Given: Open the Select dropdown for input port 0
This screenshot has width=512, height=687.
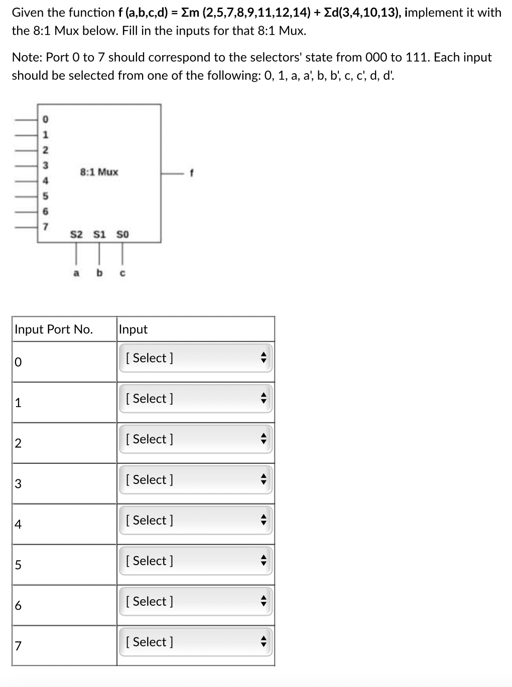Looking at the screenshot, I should click(x=196, y=358).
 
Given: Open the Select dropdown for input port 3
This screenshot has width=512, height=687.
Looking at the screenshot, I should click(x=196, y=480).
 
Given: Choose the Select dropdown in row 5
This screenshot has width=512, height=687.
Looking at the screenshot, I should click(x=196, y=561).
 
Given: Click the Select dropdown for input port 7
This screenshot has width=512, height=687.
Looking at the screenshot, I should click(x=196, y=642).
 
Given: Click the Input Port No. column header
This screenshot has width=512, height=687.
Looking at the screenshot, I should click(x=54, y=329).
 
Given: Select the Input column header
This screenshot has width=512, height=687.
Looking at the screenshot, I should click(x=133, y=329).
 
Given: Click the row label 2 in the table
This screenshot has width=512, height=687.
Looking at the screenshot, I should click(x=18, y=443).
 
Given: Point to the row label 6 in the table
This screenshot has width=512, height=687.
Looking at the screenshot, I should click(x=18, y=606).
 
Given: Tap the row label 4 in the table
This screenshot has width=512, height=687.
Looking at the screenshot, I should click(x=18, y=525).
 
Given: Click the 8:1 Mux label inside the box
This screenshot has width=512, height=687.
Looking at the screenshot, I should click(x=99, y=172).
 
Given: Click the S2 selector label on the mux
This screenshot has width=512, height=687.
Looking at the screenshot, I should click(x=76, y=234).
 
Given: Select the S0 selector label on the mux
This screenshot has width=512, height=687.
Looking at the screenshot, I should click(x=122, y=234).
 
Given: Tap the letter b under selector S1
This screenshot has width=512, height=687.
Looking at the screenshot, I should click(x=99, y=273).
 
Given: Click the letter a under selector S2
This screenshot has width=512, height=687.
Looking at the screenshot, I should click(x=76, y=273).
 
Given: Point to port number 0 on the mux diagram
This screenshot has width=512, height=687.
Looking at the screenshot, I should click(x=45, y=119).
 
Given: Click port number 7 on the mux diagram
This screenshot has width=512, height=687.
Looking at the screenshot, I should click(x=45, y=227).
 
